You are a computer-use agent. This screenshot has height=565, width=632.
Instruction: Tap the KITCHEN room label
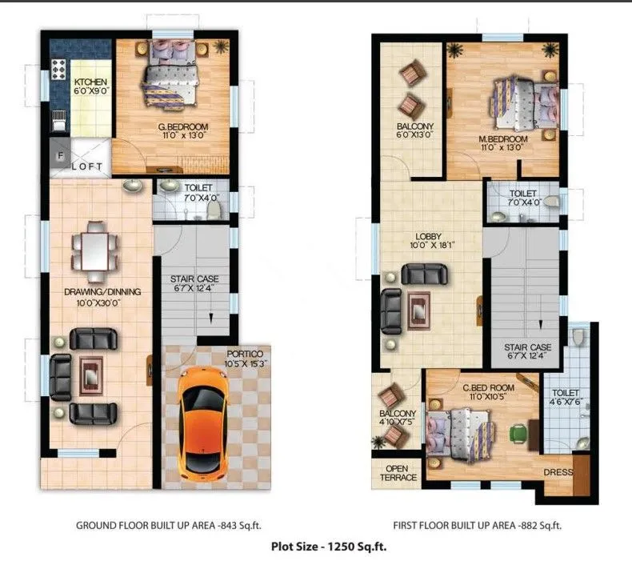(x=90, y=86)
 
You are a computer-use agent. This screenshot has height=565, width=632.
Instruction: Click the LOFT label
(x=87, y=166)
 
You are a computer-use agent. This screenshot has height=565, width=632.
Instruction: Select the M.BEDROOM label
(x=501, y=142)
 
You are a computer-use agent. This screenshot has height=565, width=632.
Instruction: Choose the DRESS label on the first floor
(x=558, y=472)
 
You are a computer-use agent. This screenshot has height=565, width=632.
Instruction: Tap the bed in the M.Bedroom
(x=524, y=104)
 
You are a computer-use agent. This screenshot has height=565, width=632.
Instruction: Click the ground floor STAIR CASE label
(x=194, y=284)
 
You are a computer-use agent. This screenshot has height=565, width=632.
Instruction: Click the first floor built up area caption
(x=477, y=526)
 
